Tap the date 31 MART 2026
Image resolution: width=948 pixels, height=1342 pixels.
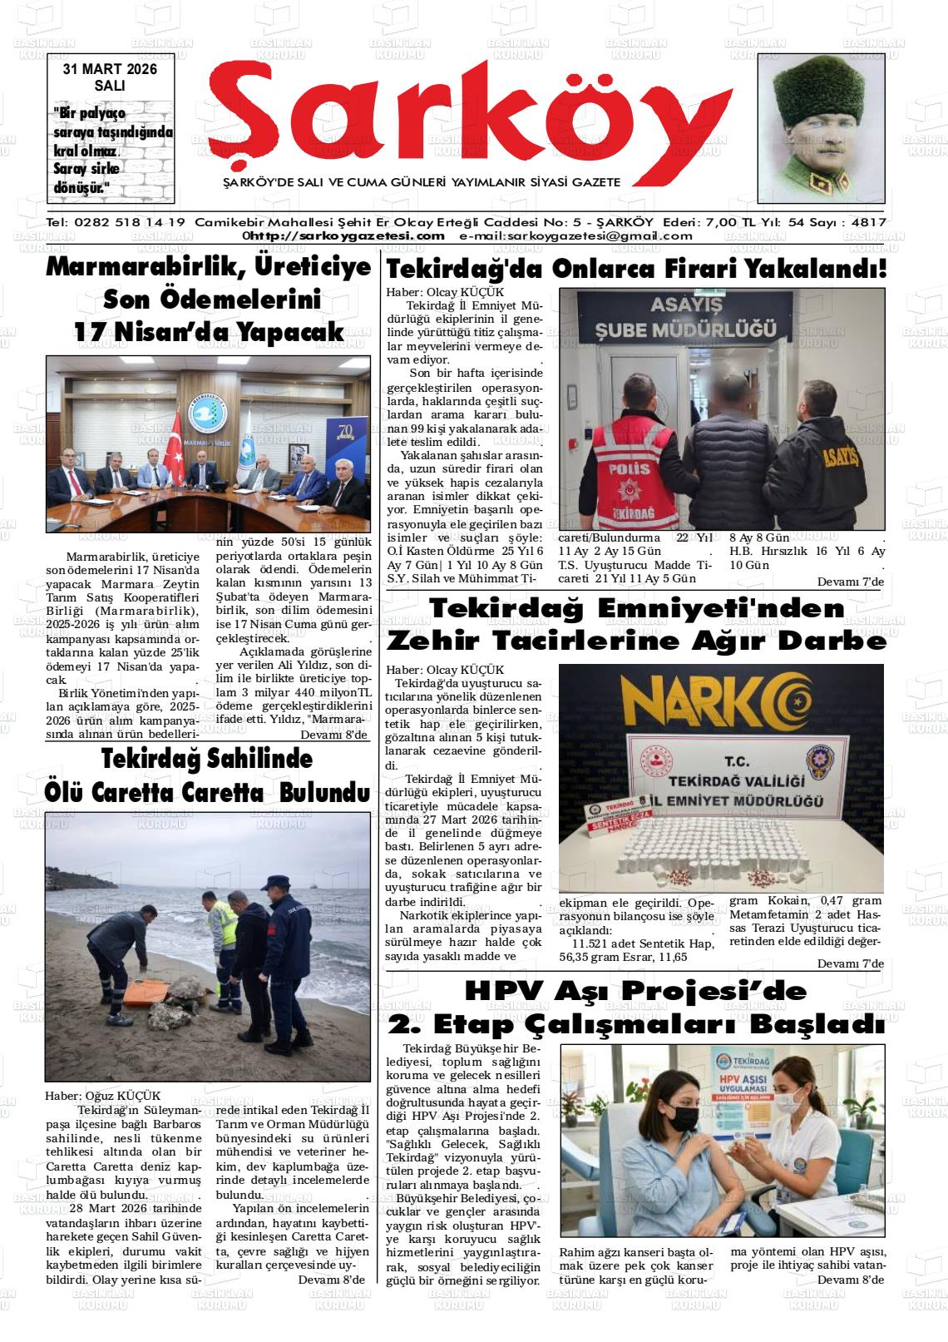[110, 70]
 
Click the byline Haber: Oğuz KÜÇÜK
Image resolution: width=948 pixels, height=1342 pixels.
[102, 1096]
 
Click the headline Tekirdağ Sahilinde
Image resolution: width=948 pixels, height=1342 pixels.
[207, 760]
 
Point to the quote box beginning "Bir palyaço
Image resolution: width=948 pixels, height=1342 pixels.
[111, 150]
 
